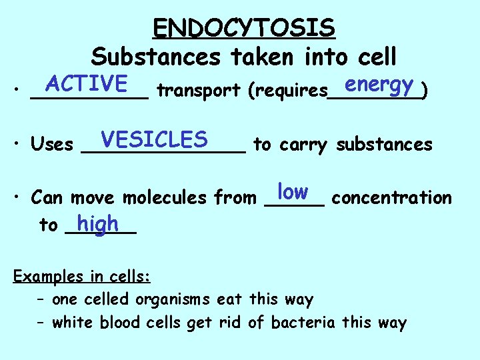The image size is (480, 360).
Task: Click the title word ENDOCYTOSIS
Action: tap(243, 28)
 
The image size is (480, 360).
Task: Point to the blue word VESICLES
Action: tap(153, 139)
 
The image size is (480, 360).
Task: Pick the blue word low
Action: tap(293, 192)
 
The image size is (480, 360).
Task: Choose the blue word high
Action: tap(97, 223)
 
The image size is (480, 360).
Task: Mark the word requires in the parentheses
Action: tap(288, 91)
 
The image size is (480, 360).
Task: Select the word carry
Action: tap(303, 145)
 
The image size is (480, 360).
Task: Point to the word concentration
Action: tap(391, 198)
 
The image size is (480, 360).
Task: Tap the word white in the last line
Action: tap(73, 323)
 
